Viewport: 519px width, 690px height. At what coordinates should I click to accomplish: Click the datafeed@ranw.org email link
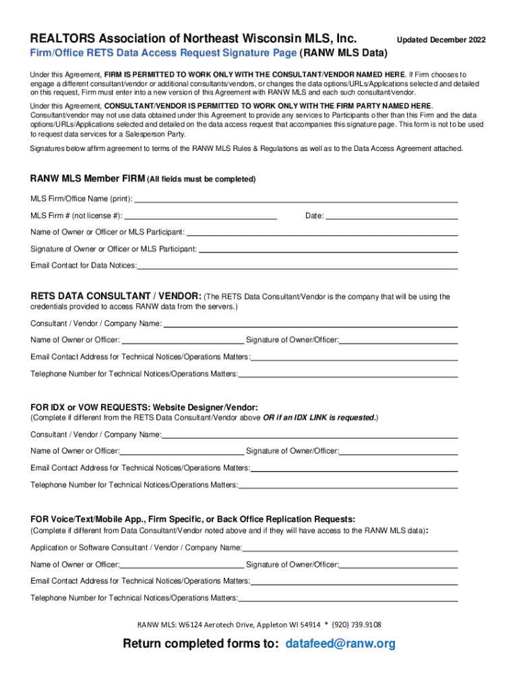tap(340, 644)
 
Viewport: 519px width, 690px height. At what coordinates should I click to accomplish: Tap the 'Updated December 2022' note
tap(441, 40)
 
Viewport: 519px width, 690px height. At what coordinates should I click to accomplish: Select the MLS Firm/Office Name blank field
tap(297, 198)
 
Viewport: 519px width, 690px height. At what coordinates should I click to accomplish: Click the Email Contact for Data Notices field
tap(297, 265)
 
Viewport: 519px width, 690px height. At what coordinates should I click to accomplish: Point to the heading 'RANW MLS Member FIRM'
tap(87, 179)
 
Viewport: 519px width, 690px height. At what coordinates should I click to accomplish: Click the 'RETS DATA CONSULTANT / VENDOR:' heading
tap(115, 296)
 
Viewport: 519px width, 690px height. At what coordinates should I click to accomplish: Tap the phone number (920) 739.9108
tap(357, 625)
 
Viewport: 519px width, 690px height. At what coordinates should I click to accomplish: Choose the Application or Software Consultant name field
tap(350, 547)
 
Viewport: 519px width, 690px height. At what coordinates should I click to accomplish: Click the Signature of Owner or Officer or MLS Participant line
tap(328, 249)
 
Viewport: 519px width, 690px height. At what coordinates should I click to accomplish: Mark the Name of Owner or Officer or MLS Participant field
tap(322, 232)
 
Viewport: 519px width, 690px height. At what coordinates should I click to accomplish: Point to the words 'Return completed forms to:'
tap(200, 644)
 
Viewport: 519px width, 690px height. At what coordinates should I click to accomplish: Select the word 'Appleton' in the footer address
tap(264, 625)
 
